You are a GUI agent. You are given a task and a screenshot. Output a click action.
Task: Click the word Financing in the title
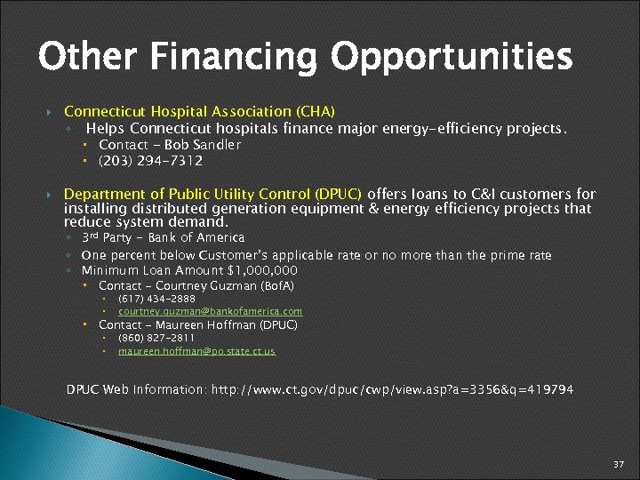tap(234, 58)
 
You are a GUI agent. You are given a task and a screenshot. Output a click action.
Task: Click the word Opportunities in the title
tap(452, 58)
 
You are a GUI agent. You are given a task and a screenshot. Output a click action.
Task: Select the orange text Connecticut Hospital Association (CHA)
tap(199, 112)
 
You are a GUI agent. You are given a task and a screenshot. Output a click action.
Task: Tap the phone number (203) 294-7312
tap(150, 161)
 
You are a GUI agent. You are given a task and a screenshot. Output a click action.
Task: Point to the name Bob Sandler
tap(203, 145)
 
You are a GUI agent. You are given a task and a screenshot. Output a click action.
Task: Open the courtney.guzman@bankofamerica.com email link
tap(210, 312)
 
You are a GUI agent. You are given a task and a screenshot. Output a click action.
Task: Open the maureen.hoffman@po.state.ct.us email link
tap(196, 352)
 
